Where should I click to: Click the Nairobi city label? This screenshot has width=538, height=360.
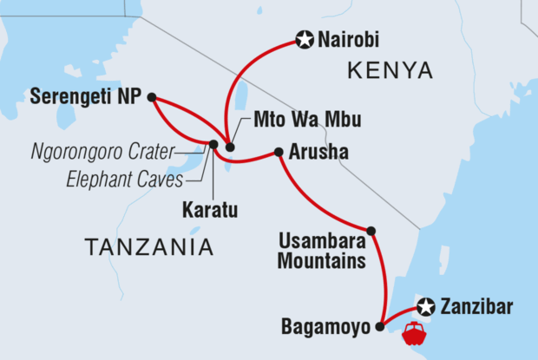pos(350,39)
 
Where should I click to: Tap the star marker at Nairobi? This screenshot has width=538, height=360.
pos(304,39)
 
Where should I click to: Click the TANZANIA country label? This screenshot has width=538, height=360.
pos(149,248)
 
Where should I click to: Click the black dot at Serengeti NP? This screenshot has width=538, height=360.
pos(152,97)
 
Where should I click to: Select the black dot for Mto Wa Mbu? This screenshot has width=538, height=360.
pos(230,147)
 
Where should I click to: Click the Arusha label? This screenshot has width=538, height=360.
pos(321,153)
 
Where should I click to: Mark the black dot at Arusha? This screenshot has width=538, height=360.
pos(279,153)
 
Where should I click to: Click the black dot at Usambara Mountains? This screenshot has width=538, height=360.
pos(371,231)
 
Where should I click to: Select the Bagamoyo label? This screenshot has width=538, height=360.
pos(327,327)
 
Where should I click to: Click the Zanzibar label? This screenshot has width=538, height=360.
pos(476,306)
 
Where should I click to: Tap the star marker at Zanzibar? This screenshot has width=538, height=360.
pos(424,306)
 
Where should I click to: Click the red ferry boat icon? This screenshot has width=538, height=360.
pos(413,331)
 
